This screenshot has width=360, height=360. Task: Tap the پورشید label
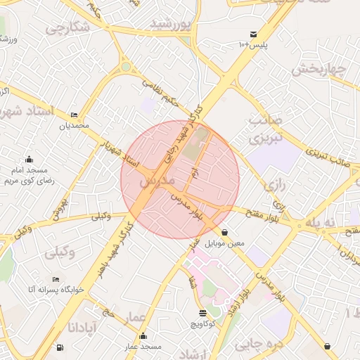pos(171,25)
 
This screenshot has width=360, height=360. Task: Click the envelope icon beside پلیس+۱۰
pos(253,34)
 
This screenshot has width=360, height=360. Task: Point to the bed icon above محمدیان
pos(75,115)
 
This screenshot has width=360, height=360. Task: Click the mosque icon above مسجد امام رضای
pos(29,160)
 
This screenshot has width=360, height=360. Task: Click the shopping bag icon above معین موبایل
pos(224,232)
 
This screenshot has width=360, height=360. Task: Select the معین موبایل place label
pos(224,243)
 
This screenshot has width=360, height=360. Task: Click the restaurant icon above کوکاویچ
pos(203,313)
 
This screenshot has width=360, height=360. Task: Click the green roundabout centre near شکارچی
pos(127,67)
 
